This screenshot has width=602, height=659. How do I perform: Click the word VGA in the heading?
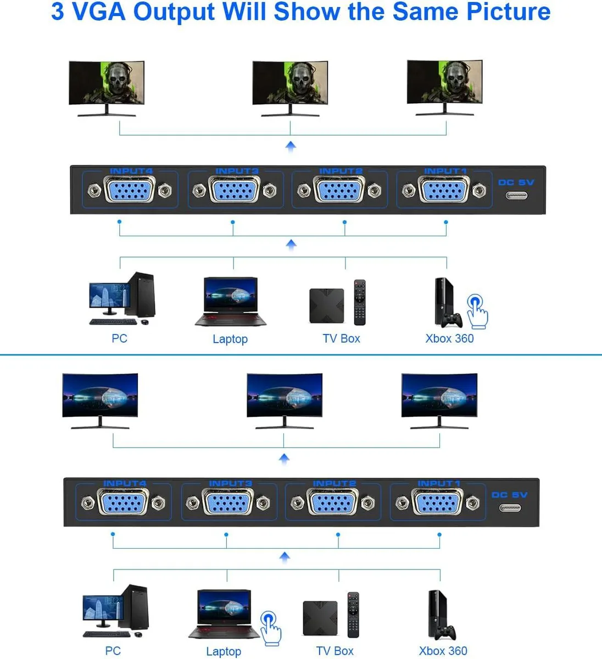(x=98, y=12)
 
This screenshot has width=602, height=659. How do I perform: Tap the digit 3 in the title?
(x=58, y=12)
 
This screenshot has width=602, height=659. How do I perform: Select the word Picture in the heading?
(x=508, y=12)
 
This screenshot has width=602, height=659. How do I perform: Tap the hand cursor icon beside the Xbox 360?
(x=478, y=311)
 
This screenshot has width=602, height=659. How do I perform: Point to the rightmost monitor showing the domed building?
(x=439, y=401)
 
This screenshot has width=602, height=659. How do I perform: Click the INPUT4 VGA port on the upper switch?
(x=130, y=190)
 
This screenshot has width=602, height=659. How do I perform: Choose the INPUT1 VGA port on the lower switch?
(x=437, y=502)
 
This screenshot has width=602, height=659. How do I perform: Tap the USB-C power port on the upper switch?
(x=516, y=196)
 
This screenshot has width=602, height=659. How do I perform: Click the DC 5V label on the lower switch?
(x=509, y=495)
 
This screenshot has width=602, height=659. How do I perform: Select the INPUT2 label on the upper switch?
(x=341, y=171)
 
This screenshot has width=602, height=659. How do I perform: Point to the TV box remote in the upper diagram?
(x=360, y=302)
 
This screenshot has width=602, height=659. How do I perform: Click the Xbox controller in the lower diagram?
(x=445, y=633)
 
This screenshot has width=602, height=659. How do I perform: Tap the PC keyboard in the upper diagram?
(x=113, y=322)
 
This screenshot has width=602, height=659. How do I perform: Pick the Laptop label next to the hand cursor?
(x=224, y=651)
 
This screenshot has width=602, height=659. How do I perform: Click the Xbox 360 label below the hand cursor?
(x=449, y=338)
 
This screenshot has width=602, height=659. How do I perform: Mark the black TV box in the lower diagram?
(x=320, y=618)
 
